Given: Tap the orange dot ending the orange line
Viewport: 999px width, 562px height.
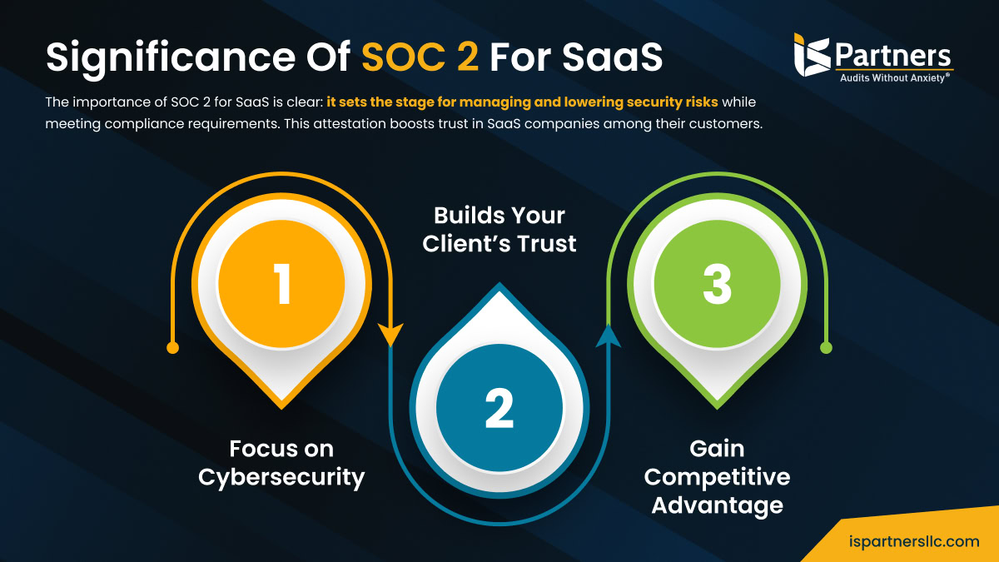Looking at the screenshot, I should point(173,347).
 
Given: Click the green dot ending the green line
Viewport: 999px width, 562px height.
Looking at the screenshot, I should point(826,347).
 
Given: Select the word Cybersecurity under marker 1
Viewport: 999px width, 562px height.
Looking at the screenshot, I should point(281,478).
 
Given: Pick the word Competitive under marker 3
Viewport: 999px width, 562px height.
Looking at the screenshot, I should point(717,477).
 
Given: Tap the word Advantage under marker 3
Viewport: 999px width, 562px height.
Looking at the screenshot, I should point(717,505).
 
